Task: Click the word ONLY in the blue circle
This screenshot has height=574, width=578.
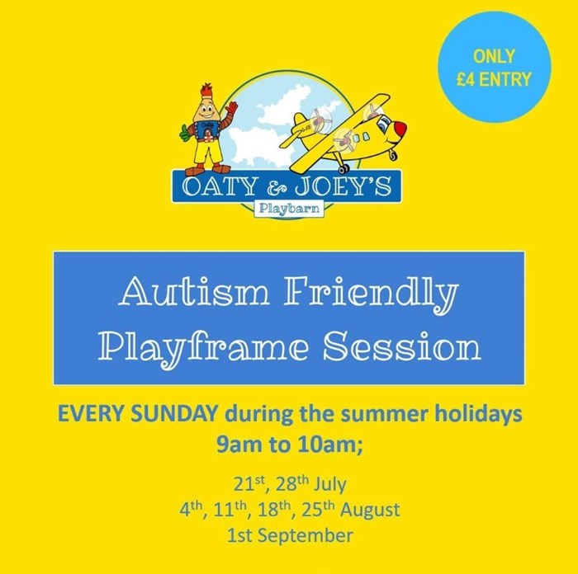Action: (494, 56)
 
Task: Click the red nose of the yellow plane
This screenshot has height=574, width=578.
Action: (399, 129)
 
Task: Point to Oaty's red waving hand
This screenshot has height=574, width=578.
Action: (231, 108)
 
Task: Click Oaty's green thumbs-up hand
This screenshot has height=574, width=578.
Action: (184, 133)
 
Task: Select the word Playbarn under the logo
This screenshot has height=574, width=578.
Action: (289, 209)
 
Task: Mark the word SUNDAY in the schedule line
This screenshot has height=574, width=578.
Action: (173, 414)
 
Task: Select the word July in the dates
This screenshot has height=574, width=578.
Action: (330, 485)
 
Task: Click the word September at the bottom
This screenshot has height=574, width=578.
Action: (305, 535)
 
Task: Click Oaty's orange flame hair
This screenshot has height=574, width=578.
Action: (206, 91)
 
